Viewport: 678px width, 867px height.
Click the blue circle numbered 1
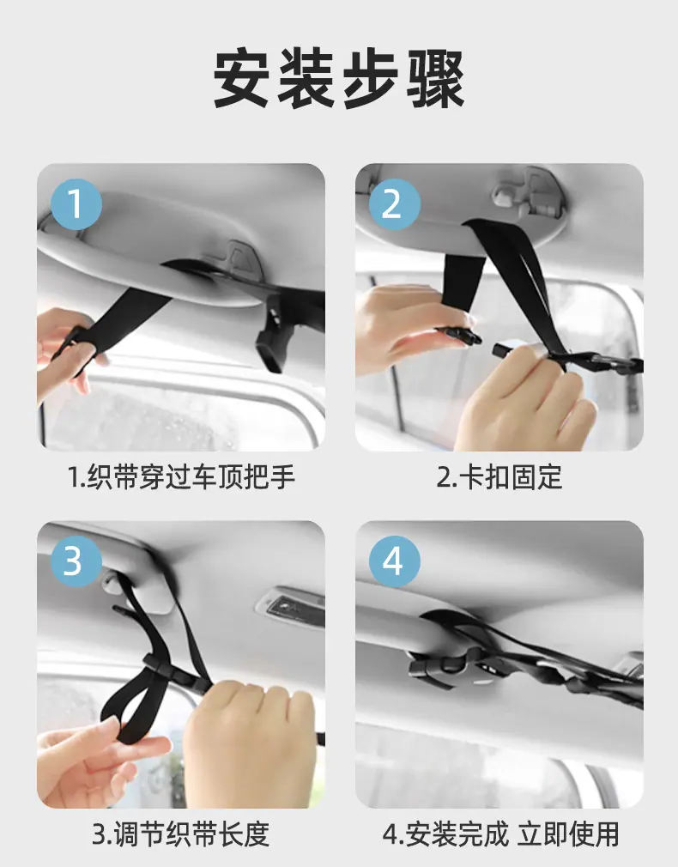(76, 204)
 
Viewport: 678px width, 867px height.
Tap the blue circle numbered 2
(395, 204)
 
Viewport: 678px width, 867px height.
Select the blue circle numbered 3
(76, 561)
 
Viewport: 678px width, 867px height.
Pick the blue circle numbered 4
(395, 561)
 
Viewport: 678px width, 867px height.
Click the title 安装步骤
(338, 78)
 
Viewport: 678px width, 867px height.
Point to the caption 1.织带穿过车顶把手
(181, 477)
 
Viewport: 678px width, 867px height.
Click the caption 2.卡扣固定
(499, 477)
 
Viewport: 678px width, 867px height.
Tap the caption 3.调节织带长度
(181, 834)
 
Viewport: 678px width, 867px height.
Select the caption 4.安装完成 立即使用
(500, 834)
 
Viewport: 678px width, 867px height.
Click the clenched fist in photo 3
(249, 741)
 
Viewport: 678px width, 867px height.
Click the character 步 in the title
(371, 78)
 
